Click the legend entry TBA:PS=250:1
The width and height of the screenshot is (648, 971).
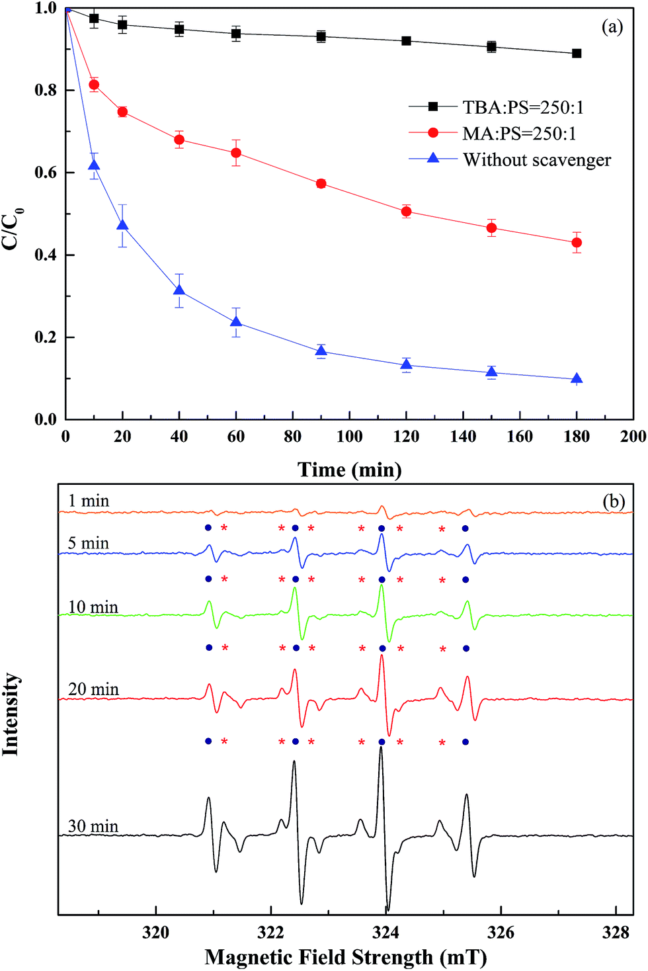(522, 107)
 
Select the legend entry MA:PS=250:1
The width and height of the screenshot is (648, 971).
(519, 134)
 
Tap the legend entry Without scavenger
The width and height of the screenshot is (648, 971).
(536, 160)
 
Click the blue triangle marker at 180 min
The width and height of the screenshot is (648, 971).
(577, 379)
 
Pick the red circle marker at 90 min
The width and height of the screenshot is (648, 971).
(321, 184)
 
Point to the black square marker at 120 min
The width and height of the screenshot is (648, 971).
(407, 41)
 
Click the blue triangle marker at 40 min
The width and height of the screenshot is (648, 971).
(179, 290)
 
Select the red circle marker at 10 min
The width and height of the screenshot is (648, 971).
(94, 85)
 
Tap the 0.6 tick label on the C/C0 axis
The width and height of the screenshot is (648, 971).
(46, 173)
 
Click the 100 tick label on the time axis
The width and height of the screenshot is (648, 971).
(349, 437)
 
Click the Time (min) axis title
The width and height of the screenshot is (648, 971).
(349, 470)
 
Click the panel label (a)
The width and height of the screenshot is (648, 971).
(612, 26)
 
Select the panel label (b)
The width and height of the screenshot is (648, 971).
(613, 501)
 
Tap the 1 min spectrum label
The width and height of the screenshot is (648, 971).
(89, 501)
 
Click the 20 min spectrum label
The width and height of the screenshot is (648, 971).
(93, 689)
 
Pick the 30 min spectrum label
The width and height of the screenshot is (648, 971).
(93, 826)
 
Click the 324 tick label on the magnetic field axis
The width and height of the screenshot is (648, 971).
(385, 933)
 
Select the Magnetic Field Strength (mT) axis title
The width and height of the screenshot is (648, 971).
(345, 957)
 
